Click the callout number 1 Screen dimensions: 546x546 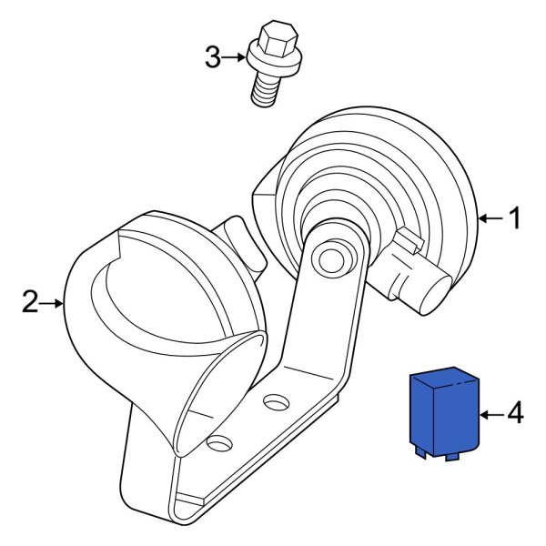click(x=514, y=218)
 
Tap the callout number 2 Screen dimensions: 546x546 click(x=30, y=302)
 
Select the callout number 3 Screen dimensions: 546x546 click(x=212, y=58)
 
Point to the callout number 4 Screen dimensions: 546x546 click(x=514, y=414)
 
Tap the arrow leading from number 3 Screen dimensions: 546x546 click(x=236, y=58)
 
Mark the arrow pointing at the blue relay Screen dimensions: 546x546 click(x=490, y=414)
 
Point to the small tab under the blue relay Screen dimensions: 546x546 click(x=421, y=449)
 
